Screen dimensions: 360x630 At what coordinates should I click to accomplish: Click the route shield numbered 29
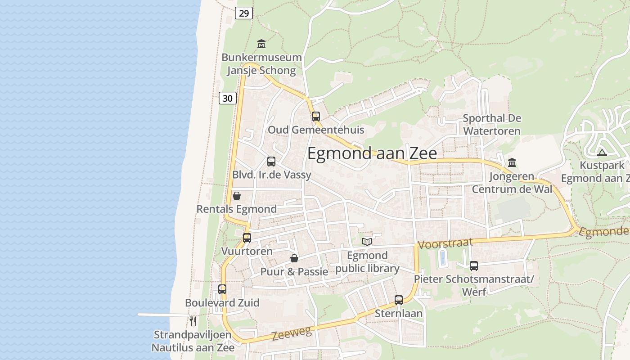click(243, 13)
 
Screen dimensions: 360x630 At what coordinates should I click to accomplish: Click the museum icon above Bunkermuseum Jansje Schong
click(261, 44)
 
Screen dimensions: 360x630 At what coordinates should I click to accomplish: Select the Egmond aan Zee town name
click(372, 153)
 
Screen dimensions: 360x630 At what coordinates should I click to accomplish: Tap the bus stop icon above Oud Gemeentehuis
click(316, 117)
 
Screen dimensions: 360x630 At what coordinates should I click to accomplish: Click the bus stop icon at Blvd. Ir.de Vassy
click(271, 162)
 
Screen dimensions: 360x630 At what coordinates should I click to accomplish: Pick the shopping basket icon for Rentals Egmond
click(237, 196)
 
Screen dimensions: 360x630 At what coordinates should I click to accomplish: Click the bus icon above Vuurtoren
click(247, 238)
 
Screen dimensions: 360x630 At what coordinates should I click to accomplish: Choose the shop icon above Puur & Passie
click(294, 258)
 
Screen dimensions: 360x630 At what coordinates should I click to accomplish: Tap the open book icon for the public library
click(367, 242)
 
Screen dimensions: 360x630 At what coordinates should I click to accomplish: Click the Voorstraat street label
click(445, 243)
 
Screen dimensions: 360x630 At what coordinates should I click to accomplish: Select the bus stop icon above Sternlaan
click(399, 300)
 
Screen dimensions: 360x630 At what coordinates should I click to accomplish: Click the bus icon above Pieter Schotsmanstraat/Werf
click(474, 266)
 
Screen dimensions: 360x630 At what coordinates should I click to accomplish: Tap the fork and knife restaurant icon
click(193, 321)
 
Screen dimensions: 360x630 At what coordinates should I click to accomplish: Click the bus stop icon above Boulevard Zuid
click(222, 289)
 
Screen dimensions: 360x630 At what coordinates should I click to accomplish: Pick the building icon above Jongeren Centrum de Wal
click(512, 162)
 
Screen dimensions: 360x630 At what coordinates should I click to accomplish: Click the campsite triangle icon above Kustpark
click(602, 153)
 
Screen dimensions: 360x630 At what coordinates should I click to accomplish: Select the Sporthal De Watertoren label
click(492, 125)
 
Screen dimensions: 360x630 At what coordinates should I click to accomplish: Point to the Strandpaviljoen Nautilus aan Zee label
click(193, 341)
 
